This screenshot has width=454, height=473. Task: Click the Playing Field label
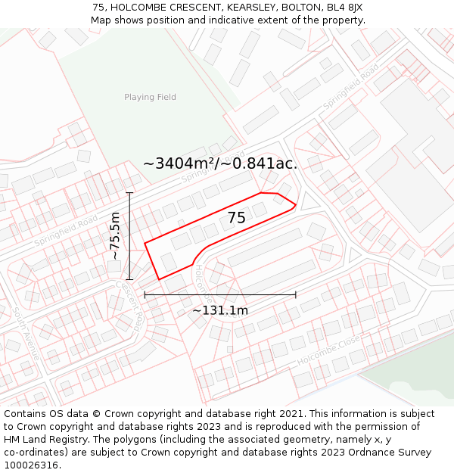[150, 97]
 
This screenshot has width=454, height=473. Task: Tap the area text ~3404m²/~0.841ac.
[220, 163]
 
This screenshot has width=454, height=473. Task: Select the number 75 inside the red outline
[236, 218]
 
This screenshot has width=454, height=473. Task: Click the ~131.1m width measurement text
[220, 310]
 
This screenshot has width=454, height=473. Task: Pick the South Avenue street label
[26, 333]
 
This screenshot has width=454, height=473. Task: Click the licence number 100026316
[33, 465]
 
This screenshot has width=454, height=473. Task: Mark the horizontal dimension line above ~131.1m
[220, 294]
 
